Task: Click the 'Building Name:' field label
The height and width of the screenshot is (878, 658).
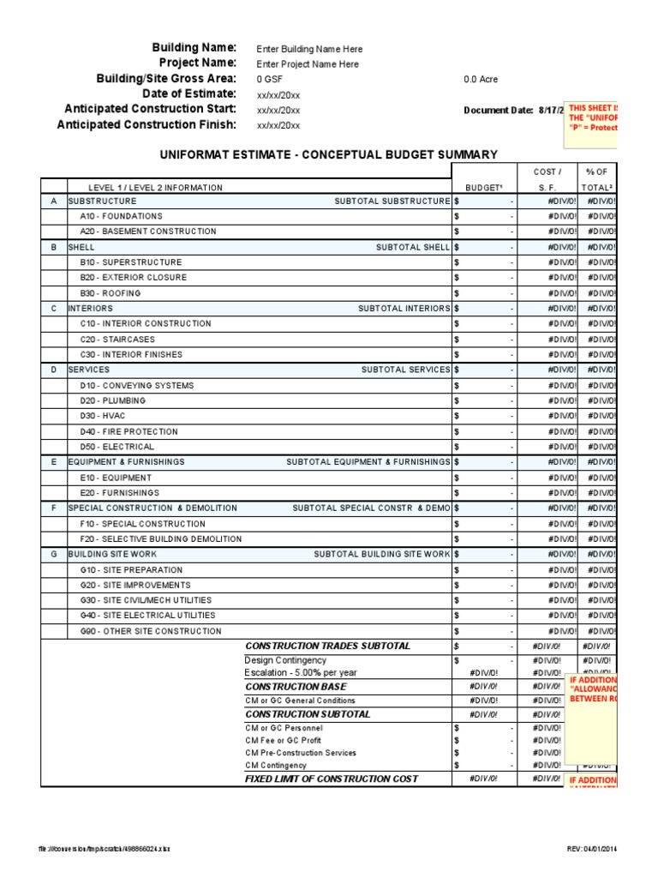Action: [x=194, y=48]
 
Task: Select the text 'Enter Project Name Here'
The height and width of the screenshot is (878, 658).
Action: [x=308, y=64]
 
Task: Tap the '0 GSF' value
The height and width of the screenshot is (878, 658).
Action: [x=271, y=80]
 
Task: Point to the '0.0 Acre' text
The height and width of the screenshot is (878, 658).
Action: [x=481, y=80]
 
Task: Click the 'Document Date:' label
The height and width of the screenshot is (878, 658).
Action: [x=498, y=111]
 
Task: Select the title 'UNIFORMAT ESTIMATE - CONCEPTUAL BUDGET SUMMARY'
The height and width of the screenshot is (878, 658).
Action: [x=328, y=155]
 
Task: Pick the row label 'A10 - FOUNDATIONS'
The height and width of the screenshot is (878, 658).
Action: [x=121, y=216]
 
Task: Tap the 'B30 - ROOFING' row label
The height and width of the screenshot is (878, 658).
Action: [x=111, y=293]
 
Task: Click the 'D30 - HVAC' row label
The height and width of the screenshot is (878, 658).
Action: [x=103, y=416]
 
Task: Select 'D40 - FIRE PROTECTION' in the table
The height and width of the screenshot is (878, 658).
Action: [x=129, y=431]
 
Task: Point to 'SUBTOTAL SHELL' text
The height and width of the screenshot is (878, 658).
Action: [x=412, y=247]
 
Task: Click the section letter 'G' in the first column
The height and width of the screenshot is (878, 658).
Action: [x=53, y=554]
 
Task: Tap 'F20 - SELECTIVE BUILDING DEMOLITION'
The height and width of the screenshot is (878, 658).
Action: [x=160, y=539]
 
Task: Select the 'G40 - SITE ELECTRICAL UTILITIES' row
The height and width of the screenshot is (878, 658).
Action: [x=147, y=616]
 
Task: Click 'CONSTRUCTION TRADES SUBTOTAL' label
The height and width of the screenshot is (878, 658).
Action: [x=328, y=646]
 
